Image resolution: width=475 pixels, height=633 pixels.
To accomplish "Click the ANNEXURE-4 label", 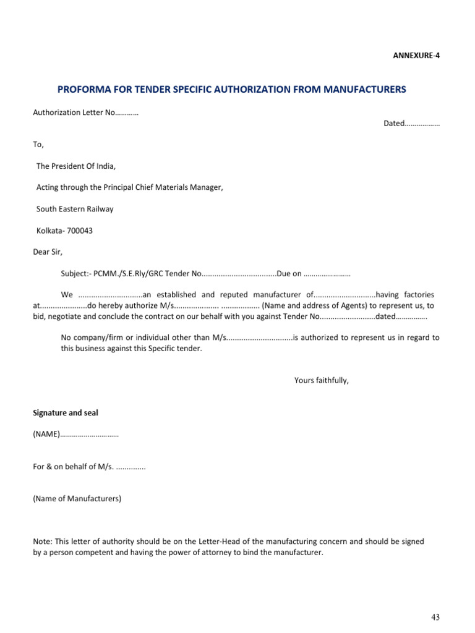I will (x=416, y=56).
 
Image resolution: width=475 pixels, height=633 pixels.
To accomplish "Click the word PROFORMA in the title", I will (x=83, y=90).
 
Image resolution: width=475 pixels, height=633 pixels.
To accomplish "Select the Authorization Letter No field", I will (x=85, y=113).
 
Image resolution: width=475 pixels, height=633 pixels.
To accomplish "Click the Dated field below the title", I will (x=411, y=124).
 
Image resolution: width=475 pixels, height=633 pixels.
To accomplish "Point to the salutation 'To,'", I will (x=38, y=144).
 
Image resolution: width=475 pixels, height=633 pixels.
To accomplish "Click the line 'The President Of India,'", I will (x=76, y=166).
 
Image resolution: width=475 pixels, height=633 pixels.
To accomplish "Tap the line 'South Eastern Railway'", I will (x=75, y=209).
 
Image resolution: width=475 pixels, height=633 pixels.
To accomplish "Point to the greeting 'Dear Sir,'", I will (x=48, y=252).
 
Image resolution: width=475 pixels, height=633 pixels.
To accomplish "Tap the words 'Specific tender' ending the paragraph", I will (x=175, y=349).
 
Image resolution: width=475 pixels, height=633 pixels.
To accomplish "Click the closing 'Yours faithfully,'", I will (x=321, y=380).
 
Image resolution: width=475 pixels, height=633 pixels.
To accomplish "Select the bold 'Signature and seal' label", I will (x=65, y=412).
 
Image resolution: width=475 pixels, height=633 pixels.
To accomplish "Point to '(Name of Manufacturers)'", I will (x=77, y=498).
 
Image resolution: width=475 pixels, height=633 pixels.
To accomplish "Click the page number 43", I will (x=435, y=618).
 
